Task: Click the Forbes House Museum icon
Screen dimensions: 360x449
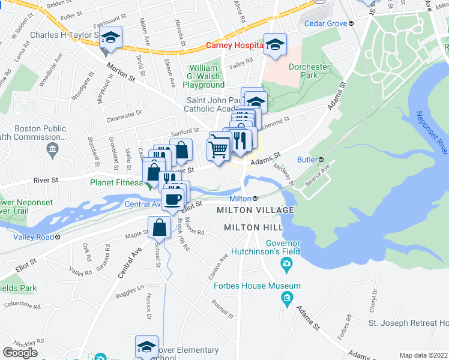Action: (x=288, y=297)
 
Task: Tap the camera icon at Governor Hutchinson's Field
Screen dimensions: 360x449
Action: (x=288, y=264)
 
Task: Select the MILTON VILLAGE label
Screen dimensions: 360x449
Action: (x=255, y=210)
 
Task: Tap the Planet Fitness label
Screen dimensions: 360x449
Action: (x=116, y=183)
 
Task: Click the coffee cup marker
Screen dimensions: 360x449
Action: (x=172, y=200)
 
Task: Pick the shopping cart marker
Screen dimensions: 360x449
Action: (x=219, y=147)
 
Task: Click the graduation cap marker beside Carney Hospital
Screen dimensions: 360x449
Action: (x=276, y=46)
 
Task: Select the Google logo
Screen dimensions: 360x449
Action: (x=20, y=352)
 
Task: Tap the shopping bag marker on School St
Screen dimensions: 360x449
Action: (x=159, y=228)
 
